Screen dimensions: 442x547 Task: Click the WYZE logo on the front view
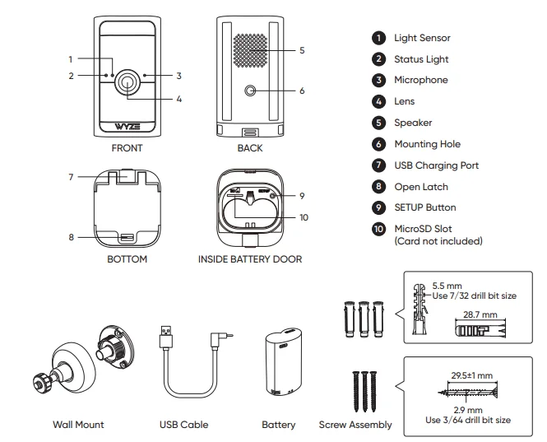point(127,128)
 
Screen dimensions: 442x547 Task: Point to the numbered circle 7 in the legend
point(378,165)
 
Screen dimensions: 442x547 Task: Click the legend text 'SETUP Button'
point(425,207)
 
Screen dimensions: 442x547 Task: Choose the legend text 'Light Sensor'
point(422,38)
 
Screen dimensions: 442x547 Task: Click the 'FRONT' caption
point(127,149)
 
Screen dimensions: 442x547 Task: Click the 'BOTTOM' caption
point(127,259)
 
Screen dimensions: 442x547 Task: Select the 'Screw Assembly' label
point(355,425)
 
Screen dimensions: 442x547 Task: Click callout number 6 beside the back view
point(302,91)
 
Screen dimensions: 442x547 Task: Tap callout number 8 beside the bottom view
point(72,237)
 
